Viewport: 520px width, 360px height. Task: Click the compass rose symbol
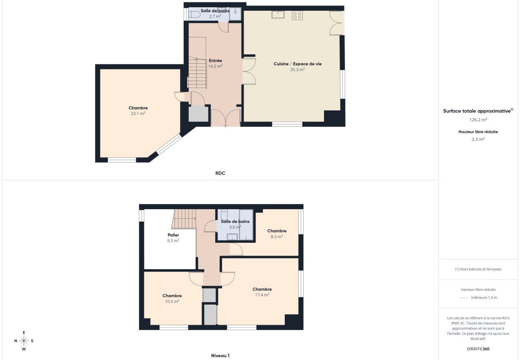point(24,341)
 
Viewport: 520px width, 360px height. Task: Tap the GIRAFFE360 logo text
point(478,349)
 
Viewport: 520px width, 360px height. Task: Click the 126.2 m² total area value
point(478,120)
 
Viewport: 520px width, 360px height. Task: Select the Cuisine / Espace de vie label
point(297,64)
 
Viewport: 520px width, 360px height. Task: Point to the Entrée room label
point(215,61)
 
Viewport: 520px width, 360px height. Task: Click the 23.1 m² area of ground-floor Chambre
point(138,114)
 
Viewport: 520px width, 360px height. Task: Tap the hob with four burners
point(297,15)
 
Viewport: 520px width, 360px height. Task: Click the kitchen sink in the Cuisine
point(278,14)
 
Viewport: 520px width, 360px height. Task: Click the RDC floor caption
point(220,173)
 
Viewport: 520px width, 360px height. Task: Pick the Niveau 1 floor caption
point(220,356)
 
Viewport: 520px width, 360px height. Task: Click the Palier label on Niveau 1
point(173,235)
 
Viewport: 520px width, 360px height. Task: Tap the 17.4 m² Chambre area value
point(262,295)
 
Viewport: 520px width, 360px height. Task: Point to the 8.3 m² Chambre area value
point(277,236)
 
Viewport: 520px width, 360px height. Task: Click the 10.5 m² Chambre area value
point(172,302)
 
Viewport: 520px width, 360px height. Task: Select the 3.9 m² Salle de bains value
point(235,227)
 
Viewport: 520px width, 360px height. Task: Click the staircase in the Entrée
point(197,73)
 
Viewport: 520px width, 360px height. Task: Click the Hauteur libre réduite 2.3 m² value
point(478,139)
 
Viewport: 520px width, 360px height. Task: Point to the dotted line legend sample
point(464,298)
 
